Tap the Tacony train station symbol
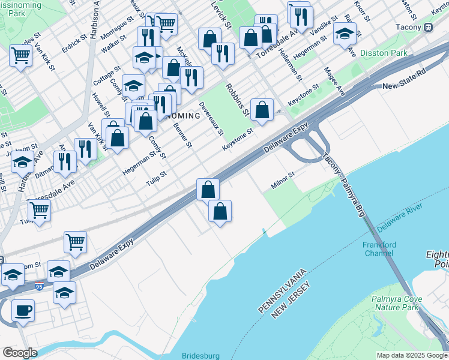(x=429, y=27)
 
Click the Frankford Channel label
(x=379, y=248)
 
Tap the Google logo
(x=20, y=353)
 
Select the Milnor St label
(x=283, y=181)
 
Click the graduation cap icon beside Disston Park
(x=345, y=34)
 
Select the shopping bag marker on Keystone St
(x=262, y=109)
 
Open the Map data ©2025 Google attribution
(x=412, y=355)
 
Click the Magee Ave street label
(x=334, y=81)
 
